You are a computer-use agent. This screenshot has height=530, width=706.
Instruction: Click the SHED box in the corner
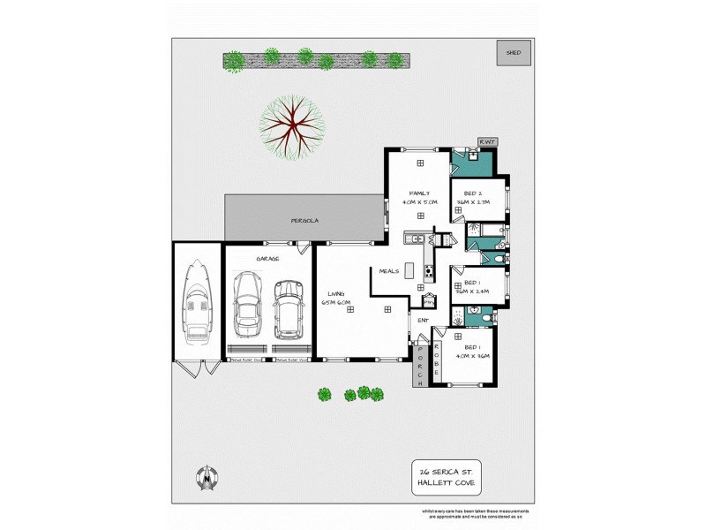click(x=513, y=53)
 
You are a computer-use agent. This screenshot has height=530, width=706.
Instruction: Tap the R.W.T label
click(x=487, y=142)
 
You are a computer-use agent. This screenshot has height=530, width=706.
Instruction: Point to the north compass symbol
click(x=207, y=478)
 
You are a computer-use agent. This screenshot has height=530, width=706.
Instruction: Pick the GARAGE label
click(x=267, y=258)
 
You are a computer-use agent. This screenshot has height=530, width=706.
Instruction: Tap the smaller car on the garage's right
click(x=289, y=309)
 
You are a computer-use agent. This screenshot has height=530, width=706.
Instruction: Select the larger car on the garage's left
click(x=248, y=304)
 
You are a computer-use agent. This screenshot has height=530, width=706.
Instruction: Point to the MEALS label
click(x=390, y=271)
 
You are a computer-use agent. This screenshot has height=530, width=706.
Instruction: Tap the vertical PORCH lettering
click(x=421, y=365)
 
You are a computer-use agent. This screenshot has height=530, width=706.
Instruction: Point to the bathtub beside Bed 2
click(x=484, y=231)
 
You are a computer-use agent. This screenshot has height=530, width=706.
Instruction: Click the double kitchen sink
click(x=412, y=238)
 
